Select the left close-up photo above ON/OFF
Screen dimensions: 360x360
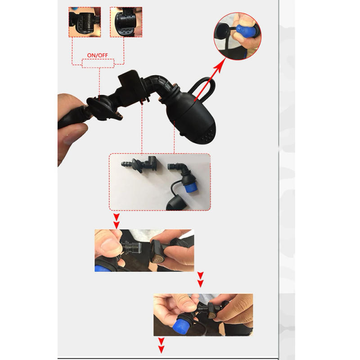pos(84,22)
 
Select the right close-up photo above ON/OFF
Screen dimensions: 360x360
pos(126,22)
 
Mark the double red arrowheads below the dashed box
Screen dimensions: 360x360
pos(117,220)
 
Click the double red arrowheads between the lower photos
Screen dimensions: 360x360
pos(201,279)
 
